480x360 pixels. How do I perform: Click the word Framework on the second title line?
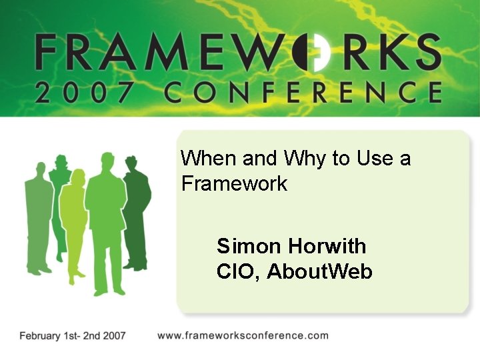[x=234, y=183]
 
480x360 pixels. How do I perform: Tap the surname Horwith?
[x=327, y=247]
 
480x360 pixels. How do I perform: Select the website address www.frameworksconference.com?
[x=243, y=335]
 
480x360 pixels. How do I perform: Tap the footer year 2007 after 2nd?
[x=111, y=336]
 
